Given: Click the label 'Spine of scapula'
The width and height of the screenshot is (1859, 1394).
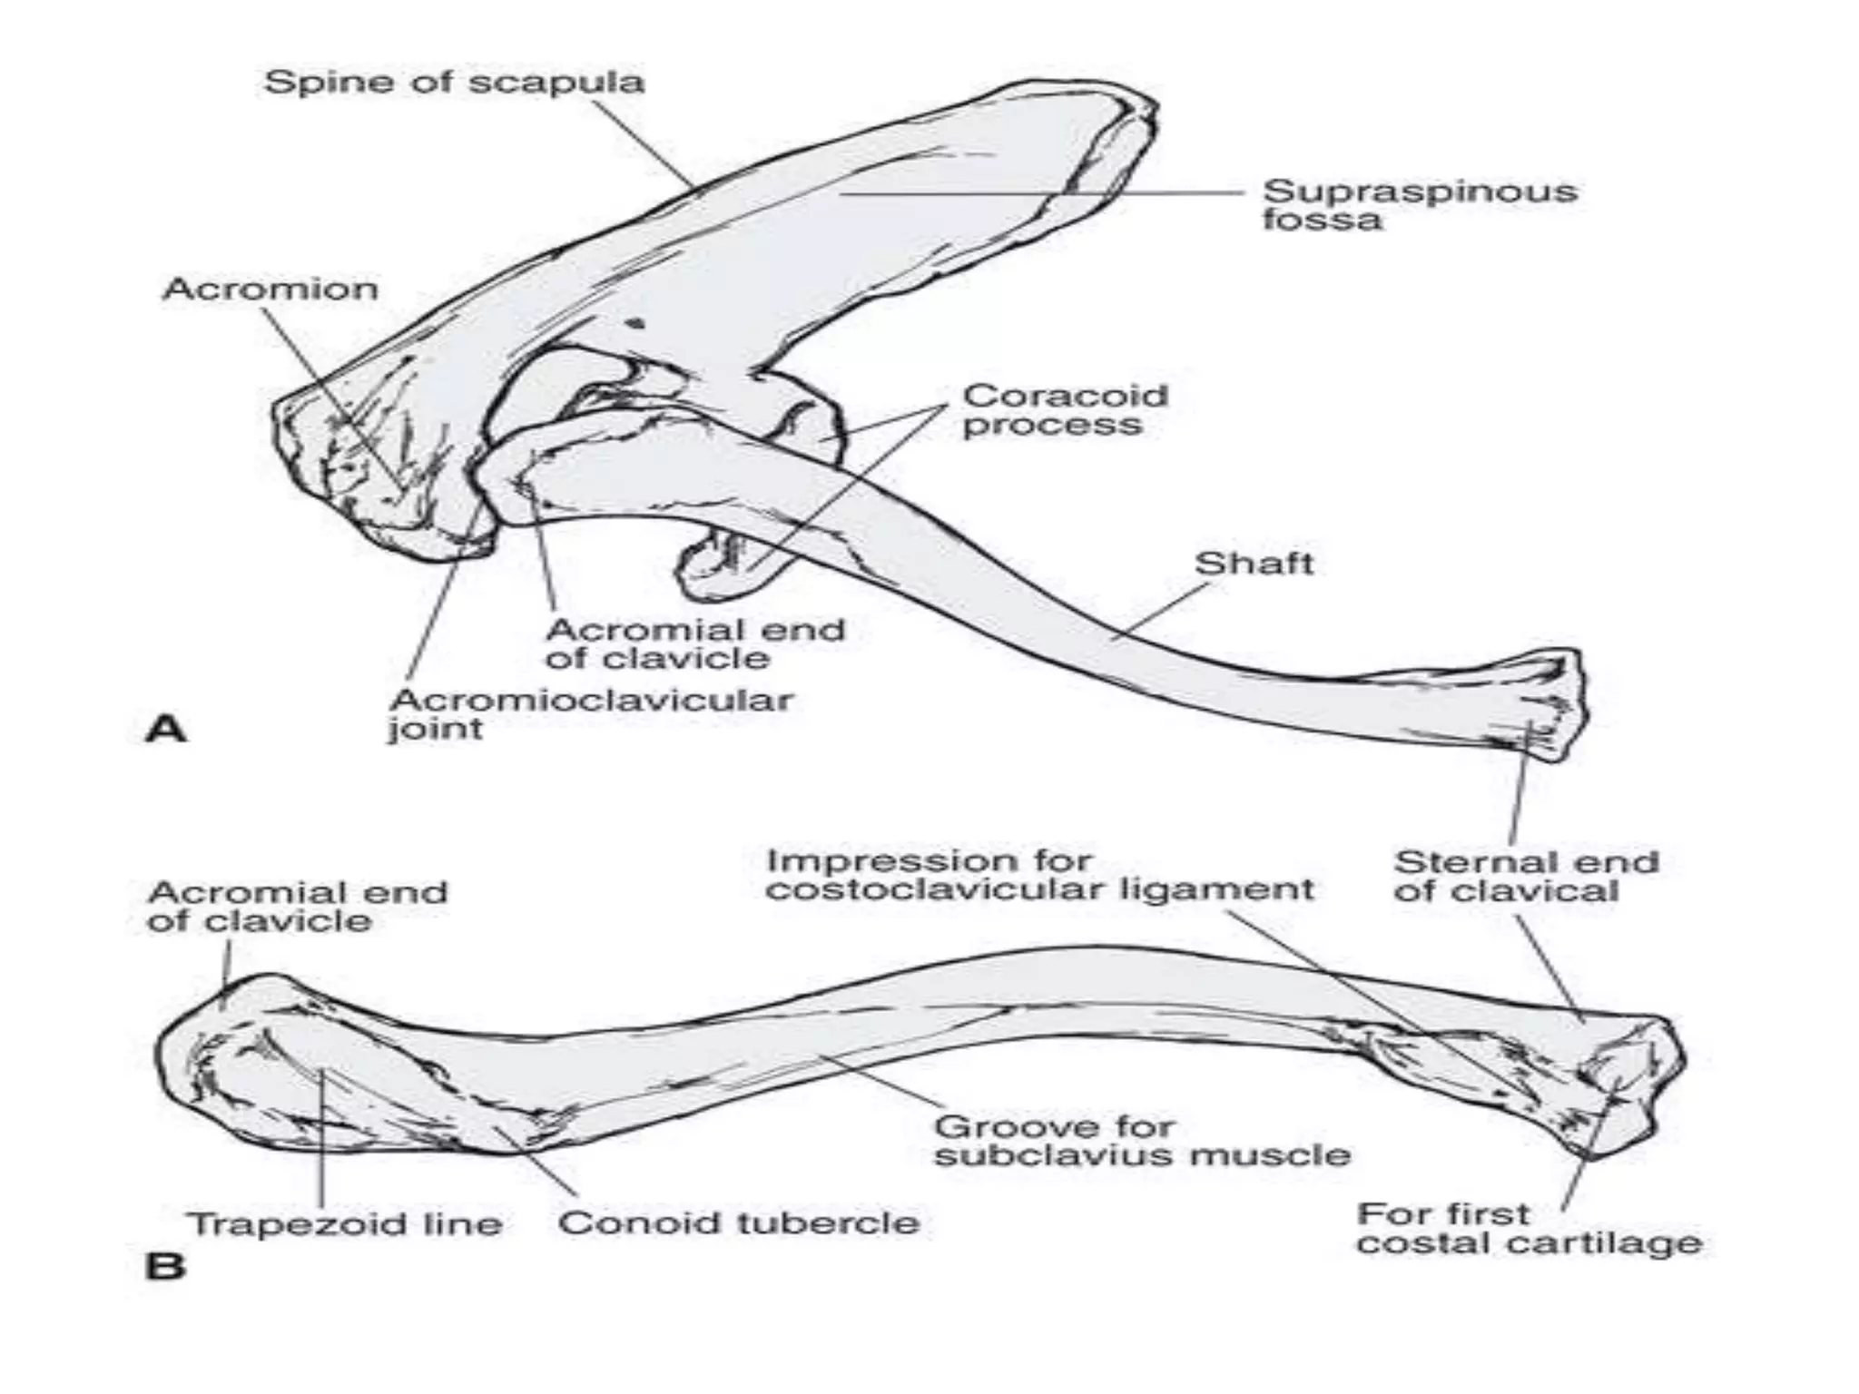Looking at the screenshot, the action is tap(454, 83).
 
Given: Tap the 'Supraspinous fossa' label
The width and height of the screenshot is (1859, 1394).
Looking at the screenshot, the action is tap(1419, 205).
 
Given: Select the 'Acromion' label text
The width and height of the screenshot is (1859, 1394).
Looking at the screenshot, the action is tap(270, 290).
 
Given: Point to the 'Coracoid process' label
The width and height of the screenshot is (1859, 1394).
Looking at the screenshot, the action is tap(1065, 410).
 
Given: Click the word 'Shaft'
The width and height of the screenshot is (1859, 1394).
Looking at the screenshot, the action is tap(1254, 564).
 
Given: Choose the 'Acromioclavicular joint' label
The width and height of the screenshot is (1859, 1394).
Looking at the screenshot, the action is tap(591, 714).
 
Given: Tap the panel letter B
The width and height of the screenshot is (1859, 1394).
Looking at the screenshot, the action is tap(164, 1265).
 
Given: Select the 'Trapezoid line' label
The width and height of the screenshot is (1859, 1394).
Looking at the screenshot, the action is tap(345, 1224).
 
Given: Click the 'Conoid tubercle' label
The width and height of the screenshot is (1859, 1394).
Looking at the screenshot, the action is tap(738, 1222).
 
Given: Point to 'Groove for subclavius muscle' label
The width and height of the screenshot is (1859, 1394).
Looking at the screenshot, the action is tap(1142, 1142).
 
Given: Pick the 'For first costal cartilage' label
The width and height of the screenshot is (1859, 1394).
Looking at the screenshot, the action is tap(1529, 1229).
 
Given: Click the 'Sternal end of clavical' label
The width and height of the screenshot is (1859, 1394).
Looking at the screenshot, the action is tap(1526, 877).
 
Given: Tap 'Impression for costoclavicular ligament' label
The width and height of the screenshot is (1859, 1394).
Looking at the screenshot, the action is tap(1038, 875).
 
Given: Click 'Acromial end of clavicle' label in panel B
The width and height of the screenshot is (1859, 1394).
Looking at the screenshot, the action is tap(298, 907).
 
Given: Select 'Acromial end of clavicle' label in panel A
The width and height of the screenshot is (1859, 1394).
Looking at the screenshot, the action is tap(695, 643).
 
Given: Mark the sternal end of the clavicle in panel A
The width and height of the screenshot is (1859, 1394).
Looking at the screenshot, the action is tap(1543, 703).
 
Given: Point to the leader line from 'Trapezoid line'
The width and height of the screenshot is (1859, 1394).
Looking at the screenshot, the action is tap(322, 1134).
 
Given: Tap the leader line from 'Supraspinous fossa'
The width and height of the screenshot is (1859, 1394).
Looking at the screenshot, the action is tap(1044, 193).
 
